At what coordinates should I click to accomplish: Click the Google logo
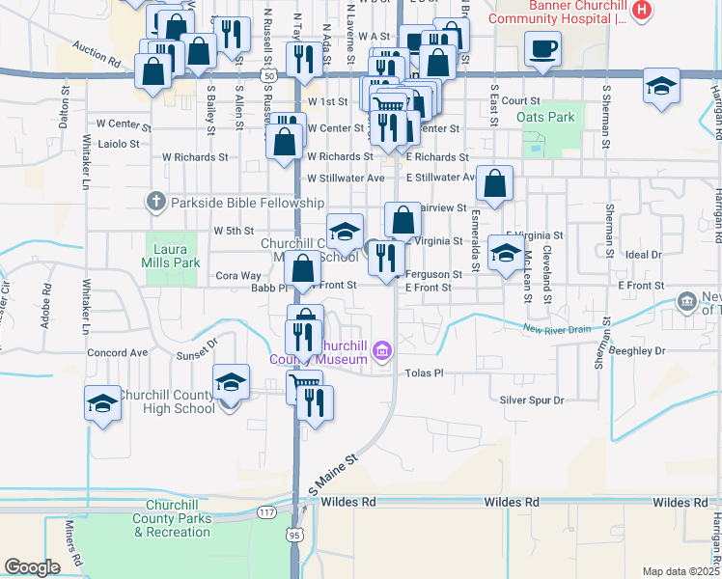32,567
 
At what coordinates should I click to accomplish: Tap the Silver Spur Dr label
531,400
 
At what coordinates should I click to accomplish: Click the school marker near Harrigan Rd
661,86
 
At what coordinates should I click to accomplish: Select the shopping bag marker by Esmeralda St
494,186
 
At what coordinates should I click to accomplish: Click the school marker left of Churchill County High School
102,404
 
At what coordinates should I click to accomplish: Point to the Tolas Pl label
424,372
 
